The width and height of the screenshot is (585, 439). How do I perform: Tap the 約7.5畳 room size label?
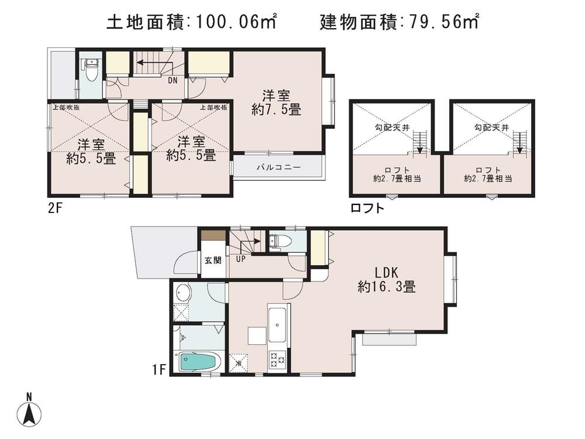click(x=276, y=109)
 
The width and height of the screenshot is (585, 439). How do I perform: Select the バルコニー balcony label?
click(x=278, y=167)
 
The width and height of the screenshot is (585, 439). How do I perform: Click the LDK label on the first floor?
click(x=386, y=272)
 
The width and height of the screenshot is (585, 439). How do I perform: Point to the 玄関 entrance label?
click(x=212, y=260)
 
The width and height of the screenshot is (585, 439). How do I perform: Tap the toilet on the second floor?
click(x=91, y=71)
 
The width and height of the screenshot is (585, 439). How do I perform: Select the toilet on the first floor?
click(x=277, y=241)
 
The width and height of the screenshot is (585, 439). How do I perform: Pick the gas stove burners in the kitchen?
click(x=276, y=358)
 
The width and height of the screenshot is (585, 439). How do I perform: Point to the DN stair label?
click(x=173, y=81)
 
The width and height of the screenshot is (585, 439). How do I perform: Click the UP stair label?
click(x=240, y=258)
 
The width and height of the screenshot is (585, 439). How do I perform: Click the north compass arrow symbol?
click(x=29, y=414)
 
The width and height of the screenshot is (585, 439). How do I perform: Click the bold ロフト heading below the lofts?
click(x=367, y=208)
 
